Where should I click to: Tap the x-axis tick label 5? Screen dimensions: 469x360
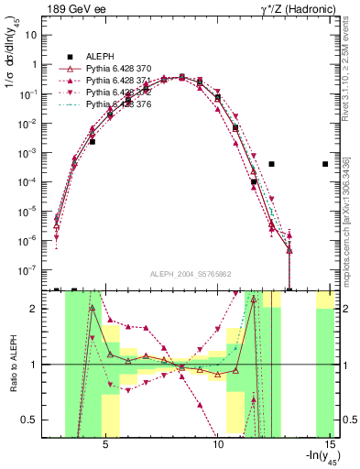pos(106,445)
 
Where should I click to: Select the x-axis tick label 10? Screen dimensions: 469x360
pos(218,445)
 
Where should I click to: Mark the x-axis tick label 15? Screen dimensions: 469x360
pos(331,445)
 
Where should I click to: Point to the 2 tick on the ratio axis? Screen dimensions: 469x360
pos(38,309)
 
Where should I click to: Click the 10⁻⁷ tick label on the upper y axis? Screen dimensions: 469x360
pos(31,270)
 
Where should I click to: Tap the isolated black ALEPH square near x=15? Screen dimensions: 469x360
pos(325,164)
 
